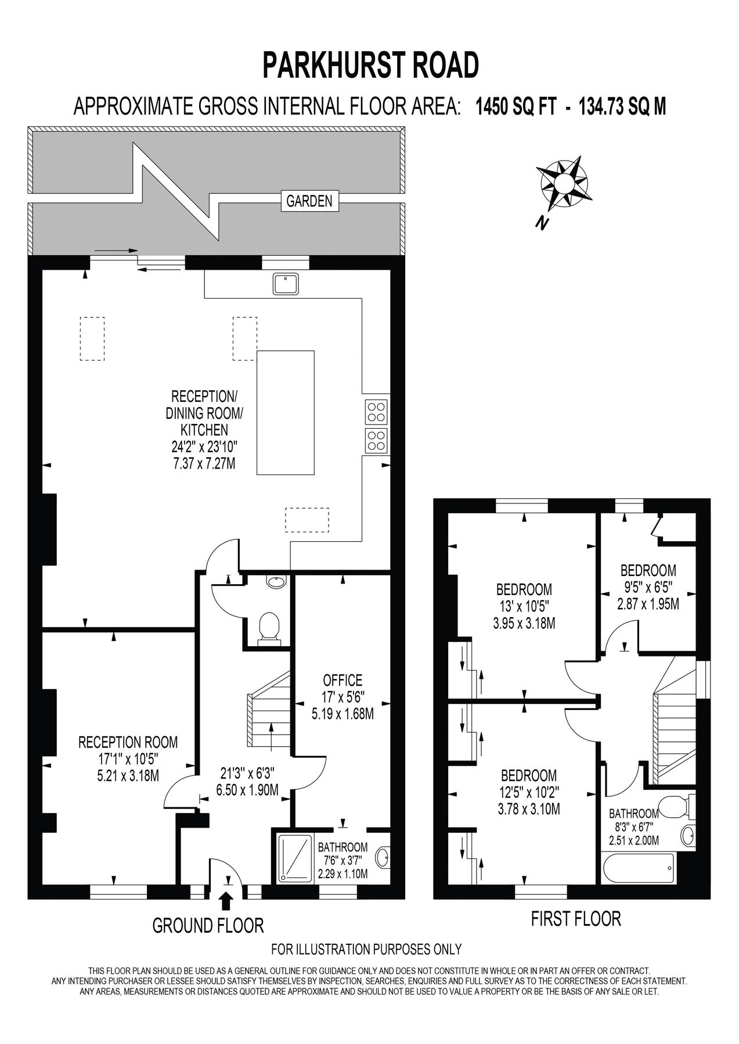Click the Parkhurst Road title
pyautogui.click(x=371, y=65)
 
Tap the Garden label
pyautogui.click(x=309, y=201)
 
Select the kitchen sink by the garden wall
pyautogui.click(x=286, y=284)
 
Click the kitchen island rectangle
pyautogui.click(x=286, y=412)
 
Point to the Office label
pyautogui.click(x=343, y=680)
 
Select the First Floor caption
pyautogui.click(x=576, y=919)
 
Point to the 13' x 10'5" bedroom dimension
pyautogui.click(x=524, y=608)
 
